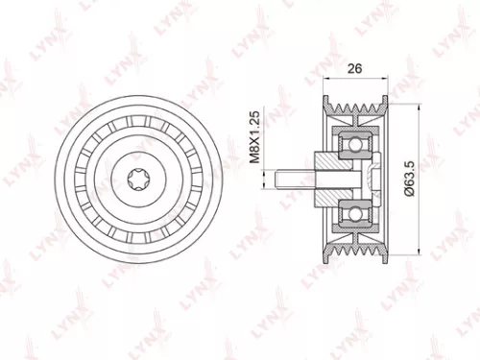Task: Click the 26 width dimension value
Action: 355,67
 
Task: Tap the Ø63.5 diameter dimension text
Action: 409,179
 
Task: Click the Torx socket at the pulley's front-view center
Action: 134,178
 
